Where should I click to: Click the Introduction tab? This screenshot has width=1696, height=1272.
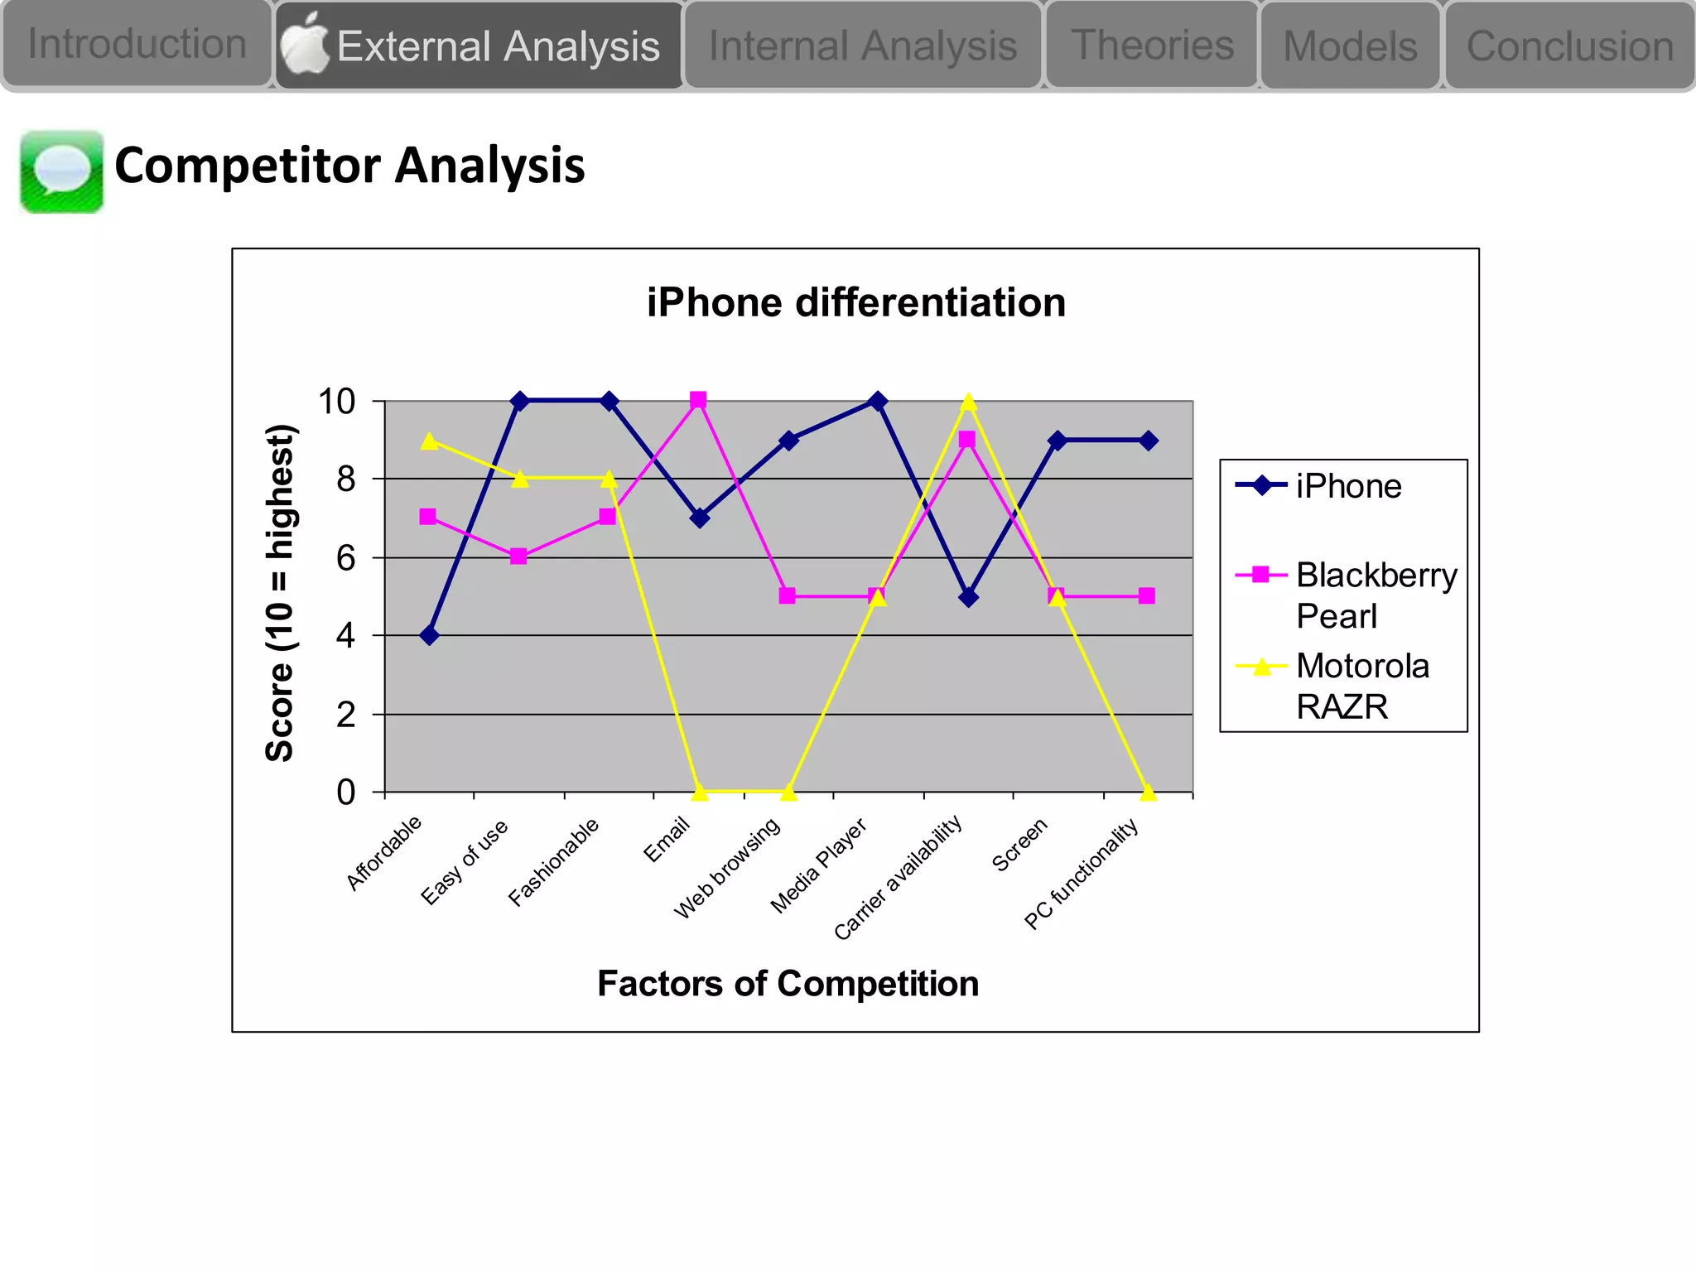click(137, 44)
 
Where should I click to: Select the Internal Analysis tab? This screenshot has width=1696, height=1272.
click(862, 46)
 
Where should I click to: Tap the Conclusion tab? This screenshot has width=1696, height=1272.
click(1569, 46)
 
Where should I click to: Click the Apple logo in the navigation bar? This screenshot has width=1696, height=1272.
click(304, 44)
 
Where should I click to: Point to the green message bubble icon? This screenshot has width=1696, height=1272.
click(62, 171)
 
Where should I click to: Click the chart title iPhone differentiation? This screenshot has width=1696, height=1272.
click(855, 302)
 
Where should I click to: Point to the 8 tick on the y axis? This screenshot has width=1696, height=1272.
click(346, 479)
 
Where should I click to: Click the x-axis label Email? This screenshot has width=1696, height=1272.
click(667, 838)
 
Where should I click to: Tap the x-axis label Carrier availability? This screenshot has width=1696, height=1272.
click(898, 876)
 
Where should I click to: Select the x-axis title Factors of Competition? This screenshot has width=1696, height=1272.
click(788, 984)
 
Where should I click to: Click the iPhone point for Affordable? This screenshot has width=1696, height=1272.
click(429, 636)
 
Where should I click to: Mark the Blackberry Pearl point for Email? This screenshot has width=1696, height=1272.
click(698, 400)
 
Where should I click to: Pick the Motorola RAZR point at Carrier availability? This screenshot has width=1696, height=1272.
click(968, 402)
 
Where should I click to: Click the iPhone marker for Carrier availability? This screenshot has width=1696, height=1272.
click(968, 597)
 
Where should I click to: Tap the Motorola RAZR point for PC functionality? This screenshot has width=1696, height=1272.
click(1148, 793)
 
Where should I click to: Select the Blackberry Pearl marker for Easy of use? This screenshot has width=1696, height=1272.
click(518, 556)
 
